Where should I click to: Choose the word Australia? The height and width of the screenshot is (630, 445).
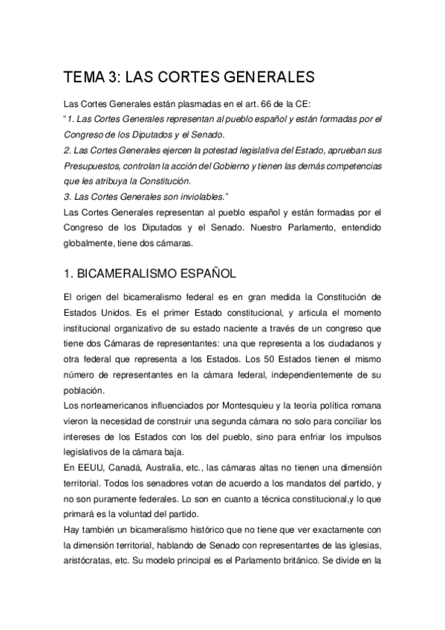[172, 467]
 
